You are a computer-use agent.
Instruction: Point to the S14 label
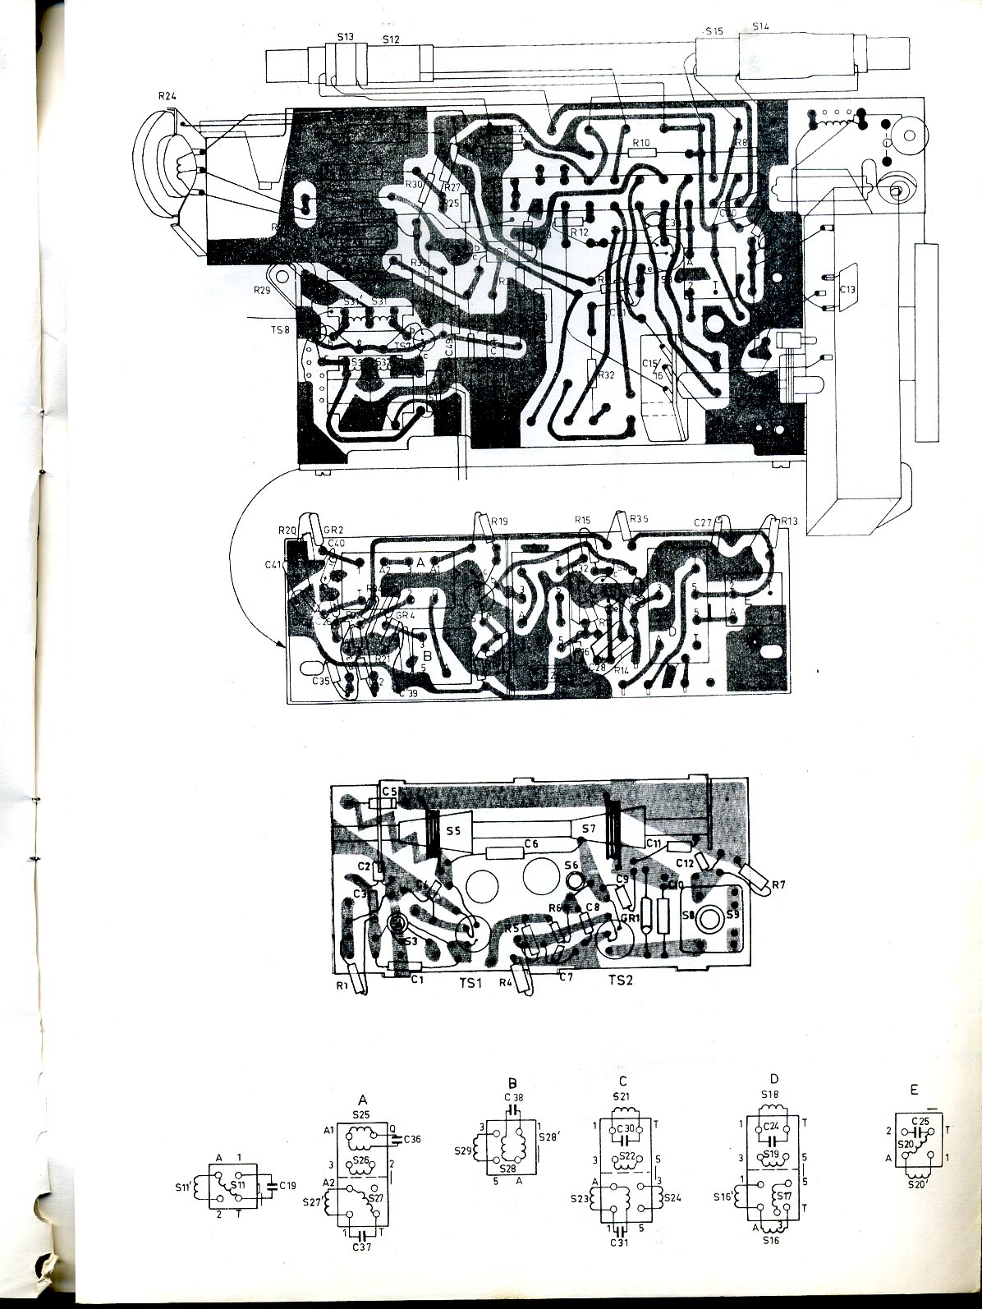coord(761,27)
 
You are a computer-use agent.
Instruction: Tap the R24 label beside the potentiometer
coord(168,97)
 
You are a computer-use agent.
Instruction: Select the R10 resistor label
coord(641,143)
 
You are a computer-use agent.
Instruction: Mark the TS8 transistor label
coord(281,330)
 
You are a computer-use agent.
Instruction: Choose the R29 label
coord(262,291)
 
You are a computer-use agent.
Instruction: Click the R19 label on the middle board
coord(500,520)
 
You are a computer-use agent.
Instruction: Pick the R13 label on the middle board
coord(790,521)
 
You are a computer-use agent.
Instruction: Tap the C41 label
coord(274,564)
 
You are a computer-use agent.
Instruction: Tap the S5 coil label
coord(452,831)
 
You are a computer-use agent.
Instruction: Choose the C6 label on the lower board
coord(530,843)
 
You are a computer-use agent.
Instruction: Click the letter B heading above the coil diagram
coord(512,1082)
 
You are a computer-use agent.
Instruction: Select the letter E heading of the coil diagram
coord(915,1091)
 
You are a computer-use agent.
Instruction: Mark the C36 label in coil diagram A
coord(413,1138)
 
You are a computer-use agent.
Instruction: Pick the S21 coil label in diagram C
coord(622,1097)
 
